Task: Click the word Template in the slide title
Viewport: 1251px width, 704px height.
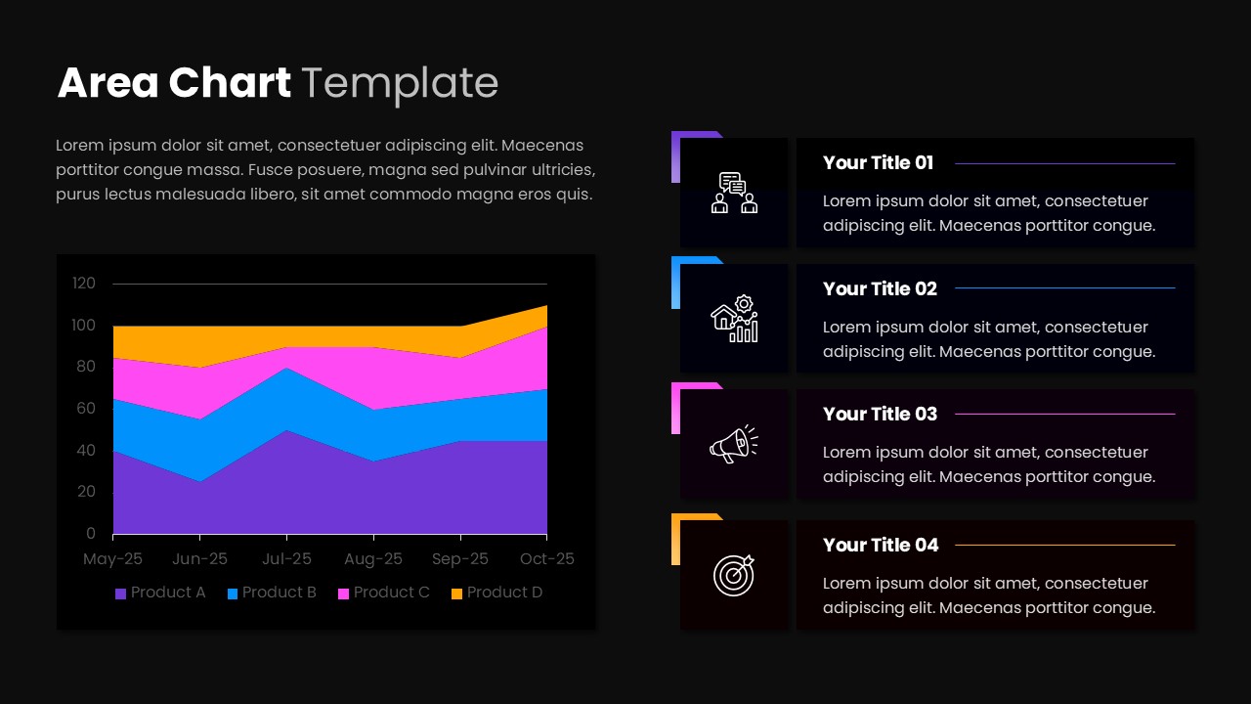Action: pyautogui.click(x=400, y=83)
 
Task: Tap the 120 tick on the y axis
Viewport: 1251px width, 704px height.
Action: pyautogui.click(x=84, y=284)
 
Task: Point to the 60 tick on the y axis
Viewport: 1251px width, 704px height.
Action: pyautogui.click(x=86, y=409)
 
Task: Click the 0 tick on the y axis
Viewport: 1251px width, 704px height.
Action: pyautogui.click(x=91, y=534)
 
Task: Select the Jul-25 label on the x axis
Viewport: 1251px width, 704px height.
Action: pyautogui.click(x=286, y=559)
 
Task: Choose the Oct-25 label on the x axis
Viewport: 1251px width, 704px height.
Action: pyautogui.click(x=546, y=559)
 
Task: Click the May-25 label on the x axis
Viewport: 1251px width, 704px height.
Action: pyautogui.click(x=113, y=559)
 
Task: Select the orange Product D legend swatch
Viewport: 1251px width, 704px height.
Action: pyautogui.click(x=456, y=594)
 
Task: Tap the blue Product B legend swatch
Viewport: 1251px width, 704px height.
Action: pyautogui.click(x=233, y=594)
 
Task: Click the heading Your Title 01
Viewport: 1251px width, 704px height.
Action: pyautogui.click(x=878, y=163)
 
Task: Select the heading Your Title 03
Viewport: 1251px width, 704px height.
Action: pyautogui.click(x=880, y=415)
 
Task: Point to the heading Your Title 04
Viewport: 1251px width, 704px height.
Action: pyautogui.click(x=880, y=546)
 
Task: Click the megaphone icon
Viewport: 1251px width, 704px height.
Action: pyautogui.click(x=733, y=444)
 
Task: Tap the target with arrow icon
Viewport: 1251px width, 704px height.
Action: pyautogui.click(x=733, y=575)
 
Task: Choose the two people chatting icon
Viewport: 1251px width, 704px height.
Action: pyautogui.click(x=733, y=193)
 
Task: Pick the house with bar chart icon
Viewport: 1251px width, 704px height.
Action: pyautogui.click(x=733, y=319)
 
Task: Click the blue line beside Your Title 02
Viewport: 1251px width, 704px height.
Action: pyautogui.click(x=1064, y=288)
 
